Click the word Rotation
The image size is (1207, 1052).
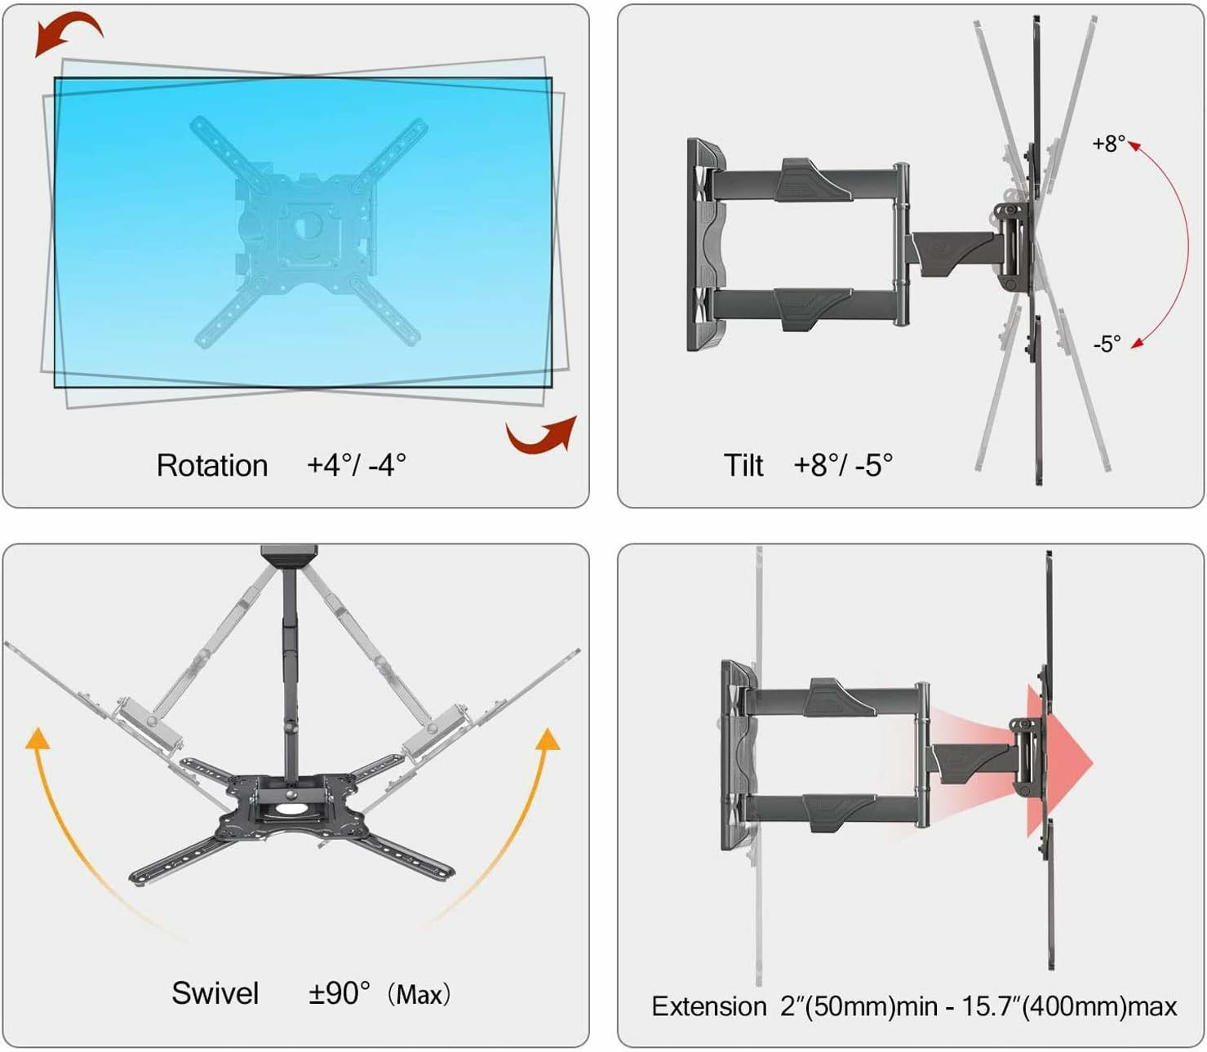pyautogui.click(x=212, y=465)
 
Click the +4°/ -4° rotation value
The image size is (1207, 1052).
pyautogui.click(x=357, y=465)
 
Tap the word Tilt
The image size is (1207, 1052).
pyautogui.click(x=743, y=465)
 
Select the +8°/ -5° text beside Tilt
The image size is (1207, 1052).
pyautogui.click(x=843, y=465)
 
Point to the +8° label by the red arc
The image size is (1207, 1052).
pyautogui.click(x=1108, y=144)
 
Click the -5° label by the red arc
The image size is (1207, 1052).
pyautogui.click(x=1107, y=344)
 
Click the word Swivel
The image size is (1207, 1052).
pyautogui.click(x=215, y=993)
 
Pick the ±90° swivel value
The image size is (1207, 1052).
pyautogui.click(x=339, y=993)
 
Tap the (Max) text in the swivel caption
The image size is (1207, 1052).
pyautogui.click(x=419, y=995)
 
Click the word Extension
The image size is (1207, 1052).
pyautogui.click(x=708, y=1006)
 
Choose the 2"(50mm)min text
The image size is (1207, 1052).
pyautogui.click(x=859, y=1006)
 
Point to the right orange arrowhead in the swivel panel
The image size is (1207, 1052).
pyautogui.click(x=548, y=739)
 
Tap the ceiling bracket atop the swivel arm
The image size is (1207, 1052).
pyautogui.click(x=289, y=556)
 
